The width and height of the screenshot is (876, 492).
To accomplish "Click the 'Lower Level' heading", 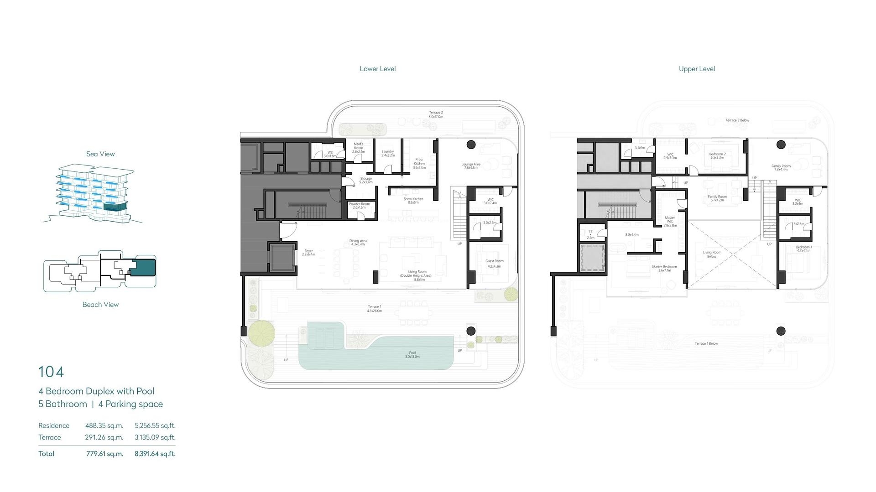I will click(x=377, y=69).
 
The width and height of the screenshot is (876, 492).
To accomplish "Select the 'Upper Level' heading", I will click(x=697, y=69).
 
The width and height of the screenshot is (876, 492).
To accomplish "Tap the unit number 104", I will click(x=51, y=372).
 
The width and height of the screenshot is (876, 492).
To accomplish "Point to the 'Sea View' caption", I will click(x=100, y=154).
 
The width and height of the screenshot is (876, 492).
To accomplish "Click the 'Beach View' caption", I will click(x=100, y=305).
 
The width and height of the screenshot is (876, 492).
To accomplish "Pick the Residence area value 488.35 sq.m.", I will click(x=104, y=426).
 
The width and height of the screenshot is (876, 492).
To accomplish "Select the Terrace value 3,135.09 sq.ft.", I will click(x=155, y=438).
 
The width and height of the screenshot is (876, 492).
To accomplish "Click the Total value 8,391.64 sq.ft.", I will click(x=155, y=454).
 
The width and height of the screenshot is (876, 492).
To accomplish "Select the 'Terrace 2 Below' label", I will click(x=737, y=120).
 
